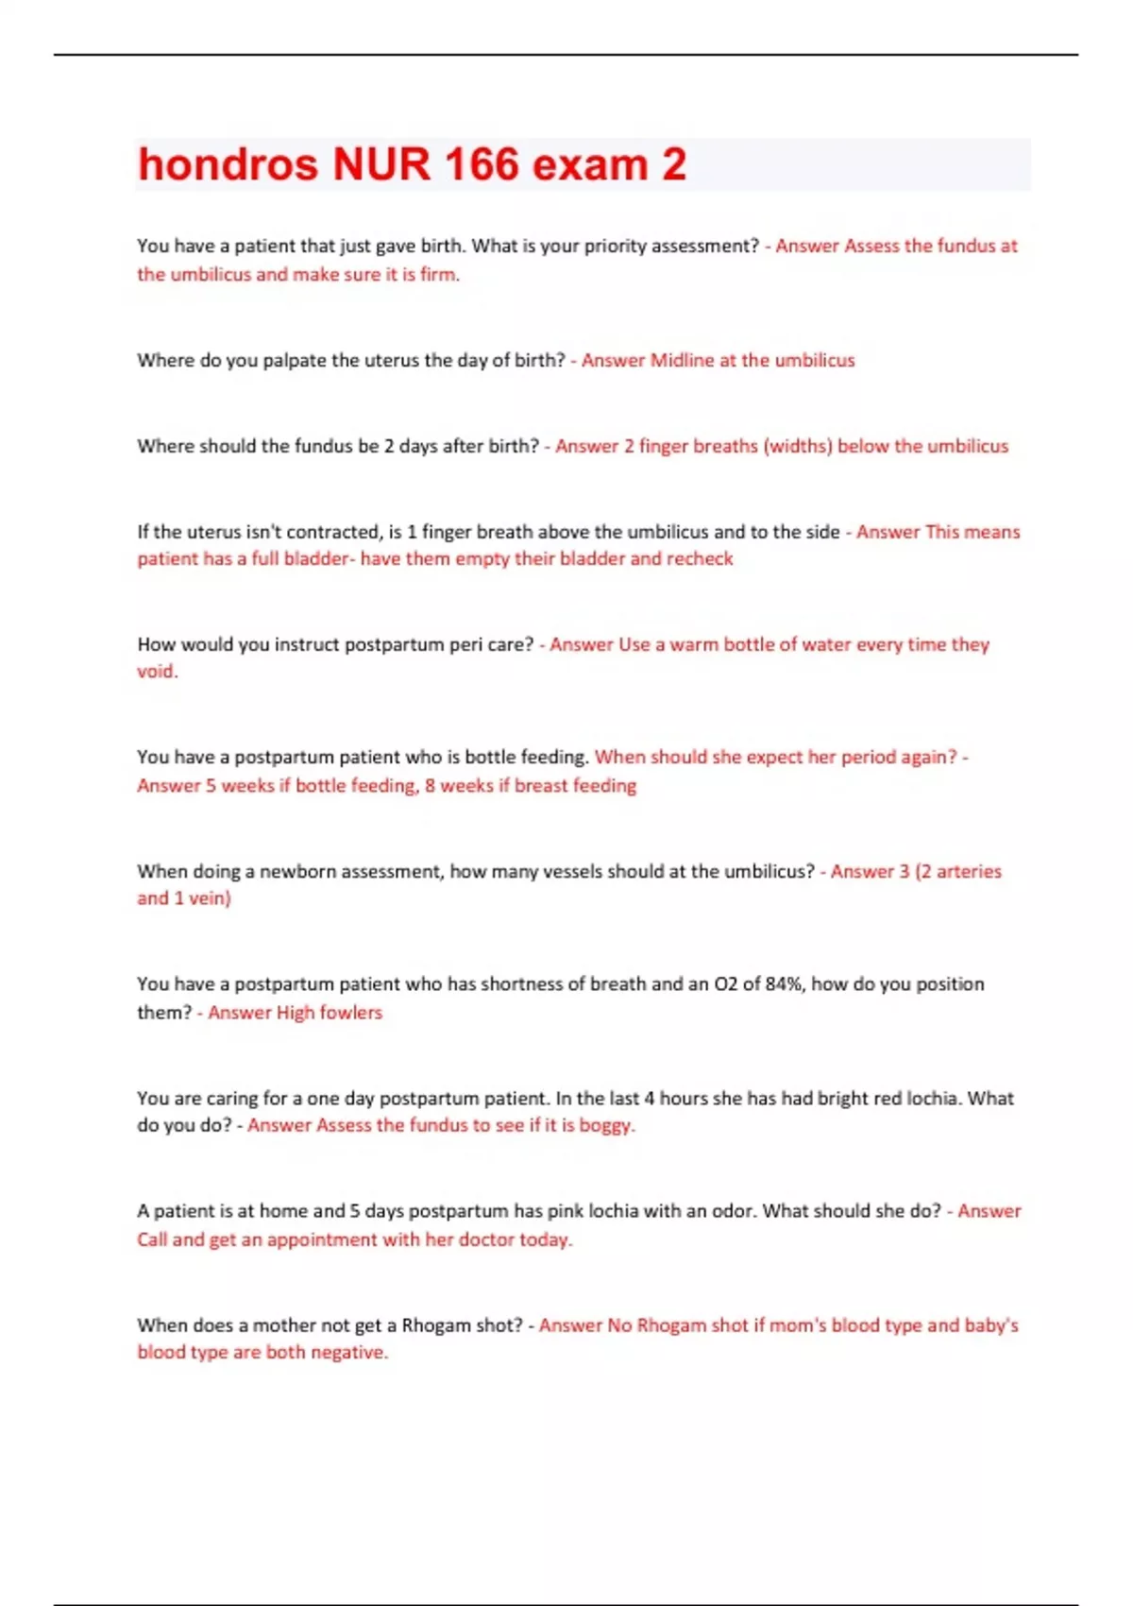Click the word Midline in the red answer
tap(682, 360)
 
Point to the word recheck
tap(700, 558)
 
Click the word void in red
tap(156, 672)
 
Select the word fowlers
tap(350, 1013)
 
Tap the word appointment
tap(321, 1239)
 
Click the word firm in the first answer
tap(439, 275)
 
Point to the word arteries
tap(969, 871)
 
